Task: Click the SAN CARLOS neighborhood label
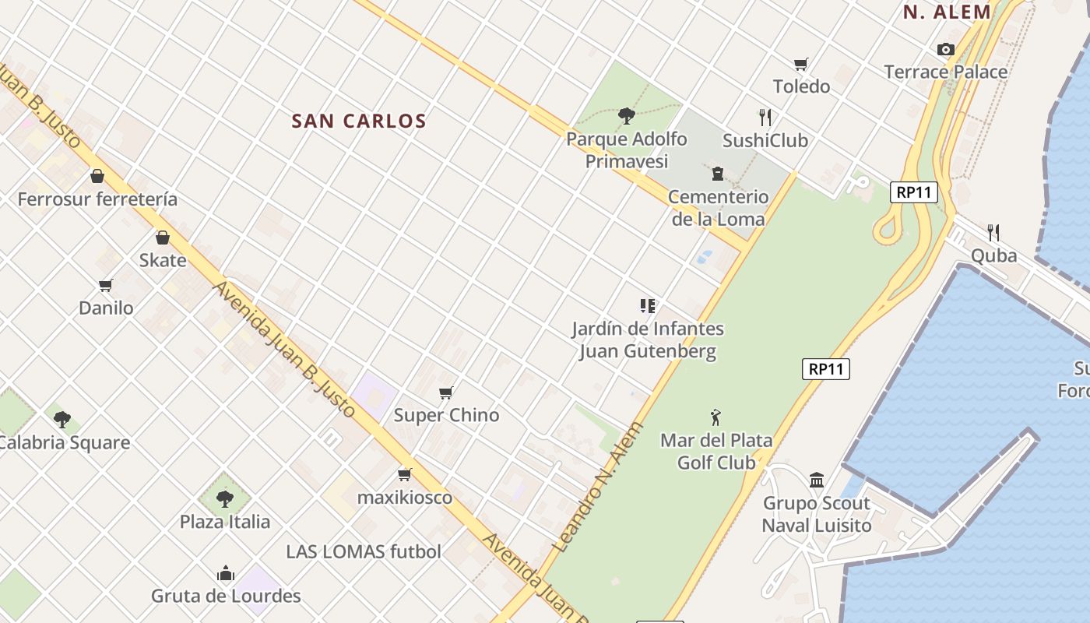click(359, 121)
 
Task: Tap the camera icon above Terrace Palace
click(946, 50)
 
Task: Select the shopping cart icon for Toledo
click(801, 64)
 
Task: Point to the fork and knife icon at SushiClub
click(765, 118)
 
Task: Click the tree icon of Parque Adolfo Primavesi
click(626, 116)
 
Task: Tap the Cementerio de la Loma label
click(718, 208)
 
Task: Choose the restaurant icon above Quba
click(993, 232)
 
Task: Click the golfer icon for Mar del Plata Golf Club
click(716, 418)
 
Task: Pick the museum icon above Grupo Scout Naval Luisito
click(816, 480)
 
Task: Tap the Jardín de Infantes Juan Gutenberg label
click(648, 340)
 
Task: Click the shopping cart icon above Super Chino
click(446, 392)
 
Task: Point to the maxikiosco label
click(404, 497)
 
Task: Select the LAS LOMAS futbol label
click(364, 552)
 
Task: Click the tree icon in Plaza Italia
click(225, 498)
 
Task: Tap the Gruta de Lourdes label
click(226, 597)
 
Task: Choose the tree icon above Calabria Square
click(62, 420)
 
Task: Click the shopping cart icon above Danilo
click(106, 285)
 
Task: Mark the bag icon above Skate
click(163, 238)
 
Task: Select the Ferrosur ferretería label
click(97, 199)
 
